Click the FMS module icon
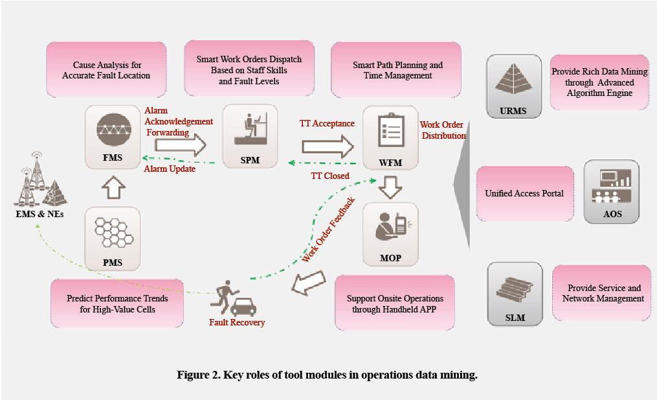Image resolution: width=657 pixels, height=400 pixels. pyautogui.click(x=113, y=130)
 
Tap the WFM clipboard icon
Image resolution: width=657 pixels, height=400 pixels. pyautogui.click(x=391, y=130)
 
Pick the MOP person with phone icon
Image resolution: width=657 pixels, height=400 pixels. pyautogui.click(x=391, y=227)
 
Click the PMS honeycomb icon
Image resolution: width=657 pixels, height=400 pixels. pyautogui.click(x=113, y=232)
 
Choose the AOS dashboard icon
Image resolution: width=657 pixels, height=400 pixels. pyautogui.click(x=611, y=186)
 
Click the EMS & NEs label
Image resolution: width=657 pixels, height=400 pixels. pyautogui.click(x=39, y=214)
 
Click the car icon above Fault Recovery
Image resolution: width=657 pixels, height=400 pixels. pyautogui.click(x=243, y=308)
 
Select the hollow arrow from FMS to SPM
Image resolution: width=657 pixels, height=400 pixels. pyautogui.click(x=181, y=145)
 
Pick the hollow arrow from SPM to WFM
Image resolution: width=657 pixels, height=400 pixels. pyautogui.click(x=328, y=147)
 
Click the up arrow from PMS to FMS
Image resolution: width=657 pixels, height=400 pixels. pyautogui.click(x=113, y=187)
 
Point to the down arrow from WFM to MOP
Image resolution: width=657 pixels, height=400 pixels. pyautogui.click(x=390, y=187)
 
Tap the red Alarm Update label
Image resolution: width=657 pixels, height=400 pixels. pyautogui.click(x=170, y=169)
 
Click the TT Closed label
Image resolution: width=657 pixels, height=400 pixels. pyautogui.click(x=330, y=176)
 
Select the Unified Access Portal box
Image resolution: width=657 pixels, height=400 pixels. pyautogui.click(x=524, y=193)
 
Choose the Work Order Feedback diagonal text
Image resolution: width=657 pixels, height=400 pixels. pyautogui.click(x=329, y=229)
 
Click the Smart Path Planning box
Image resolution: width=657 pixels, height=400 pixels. pyautogui.click(x=396, y=69)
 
